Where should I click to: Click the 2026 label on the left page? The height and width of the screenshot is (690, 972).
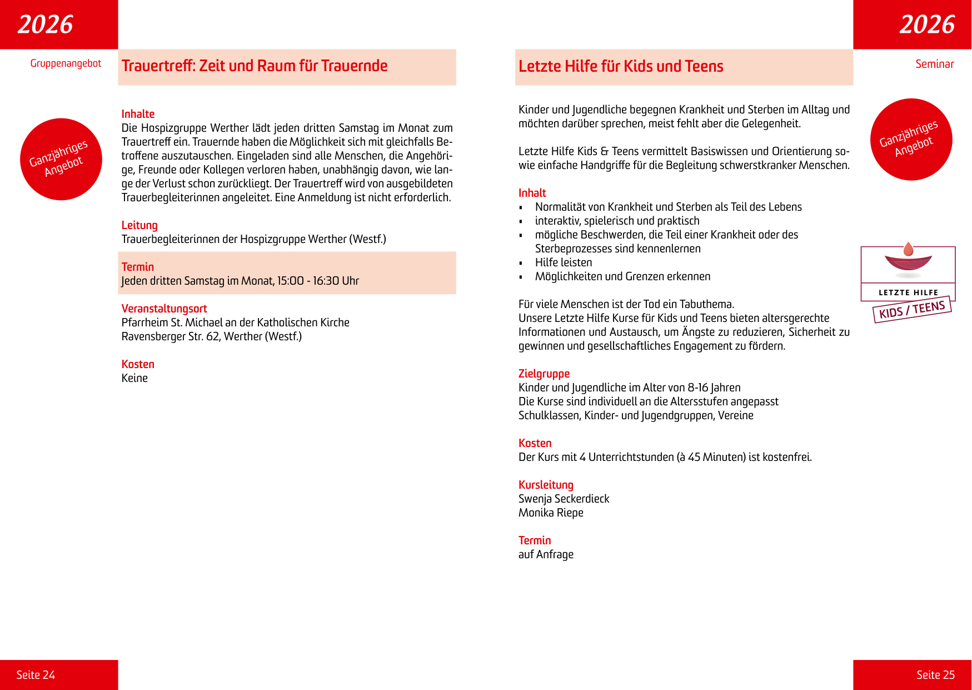pyautogui.click(x=46, y=24)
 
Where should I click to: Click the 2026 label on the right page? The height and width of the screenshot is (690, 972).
pyautogui.click(x=927, y=24)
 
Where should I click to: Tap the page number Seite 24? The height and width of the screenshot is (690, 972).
pyautogui.click(x=36, y=674)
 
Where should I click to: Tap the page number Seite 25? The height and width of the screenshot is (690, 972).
pyautogui.click(x=935, y=674)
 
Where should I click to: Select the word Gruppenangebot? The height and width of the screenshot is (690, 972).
pyautogui.click(x=66, y=63)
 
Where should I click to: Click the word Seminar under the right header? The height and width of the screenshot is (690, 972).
pyautogui.click(x=934, y=64)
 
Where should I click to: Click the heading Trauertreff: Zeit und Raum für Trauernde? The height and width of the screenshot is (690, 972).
pyautogui.click(x=255, y=66)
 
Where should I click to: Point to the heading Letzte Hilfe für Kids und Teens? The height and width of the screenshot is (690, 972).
pyautogui.click(x=621, y=67)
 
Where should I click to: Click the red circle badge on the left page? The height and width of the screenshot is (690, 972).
pyautogui.click(x=61, y=159)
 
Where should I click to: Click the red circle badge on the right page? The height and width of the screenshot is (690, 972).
pyautogui.click(x=911, y=140)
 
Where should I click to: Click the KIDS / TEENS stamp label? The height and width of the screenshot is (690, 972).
pyautogui.click(x=912, y=310)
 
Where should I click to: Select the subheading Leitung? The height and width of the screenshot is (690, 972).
pyautogui.click(x=139, y=225)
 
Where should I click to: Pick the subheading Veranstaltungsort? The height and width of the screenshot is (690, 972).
pyautogui.click(x=164, y=309)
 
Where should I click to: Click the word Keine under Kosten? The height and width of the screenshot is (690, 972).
pyautogui.click(x=134, y=378)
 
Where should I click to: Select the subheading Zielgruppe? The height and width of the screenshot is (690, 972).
pyautogui.click(x=544, y=374)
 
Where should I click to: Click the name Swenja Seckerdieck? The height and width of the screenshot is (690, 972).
pyautogui.click(x=564, y=499)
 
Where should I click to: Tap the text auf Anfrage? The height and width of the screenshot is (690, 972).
pyautogui.click(x=546, y=554)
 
